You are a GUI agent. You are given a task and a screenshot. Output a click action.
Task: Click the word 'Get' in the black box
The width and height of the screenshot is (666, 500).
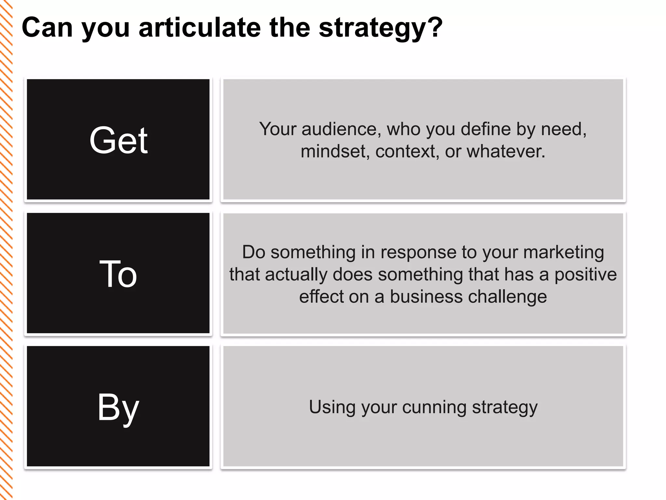pyautogui.click(x=118, y=140)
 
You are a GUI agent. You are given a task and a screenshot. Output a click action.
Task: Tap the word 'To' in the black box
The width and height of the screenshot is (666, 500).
pyautogui.click(x=118, y=274)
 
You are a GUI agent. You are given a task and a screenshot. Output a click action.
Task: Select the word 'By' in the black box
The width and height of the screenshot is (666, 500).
pyautogui.click(x=118, y=407)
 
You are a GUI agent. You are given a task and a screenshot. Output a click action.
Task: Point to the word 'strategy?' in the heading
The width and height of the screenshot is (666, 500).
pyautogui.click(x=380, y=28)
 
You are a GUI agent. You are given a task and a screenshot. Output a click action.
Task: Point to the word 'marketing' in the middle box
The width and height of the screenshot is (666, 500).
pyautogui.click(x=564, y=252)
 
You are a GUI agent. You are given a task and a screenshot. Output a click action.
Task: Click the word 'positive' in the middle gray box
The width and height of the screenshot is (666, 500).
pyautogui.click(x=585, y=274)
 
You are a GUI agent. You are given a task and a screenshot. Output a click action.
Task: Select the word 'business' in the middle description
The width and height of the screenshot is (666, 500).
pyautogui.click(x=426, y=297)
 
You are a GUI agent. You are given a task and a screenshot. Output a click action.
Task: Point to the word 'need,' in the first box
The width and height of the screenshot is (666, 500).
pyautogui.click(x=564, y=129)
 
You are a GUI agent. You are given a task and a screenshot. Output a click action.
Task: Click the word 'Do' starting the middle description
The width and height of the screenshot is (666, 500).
pyautogui.click(x=254, y=252)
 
